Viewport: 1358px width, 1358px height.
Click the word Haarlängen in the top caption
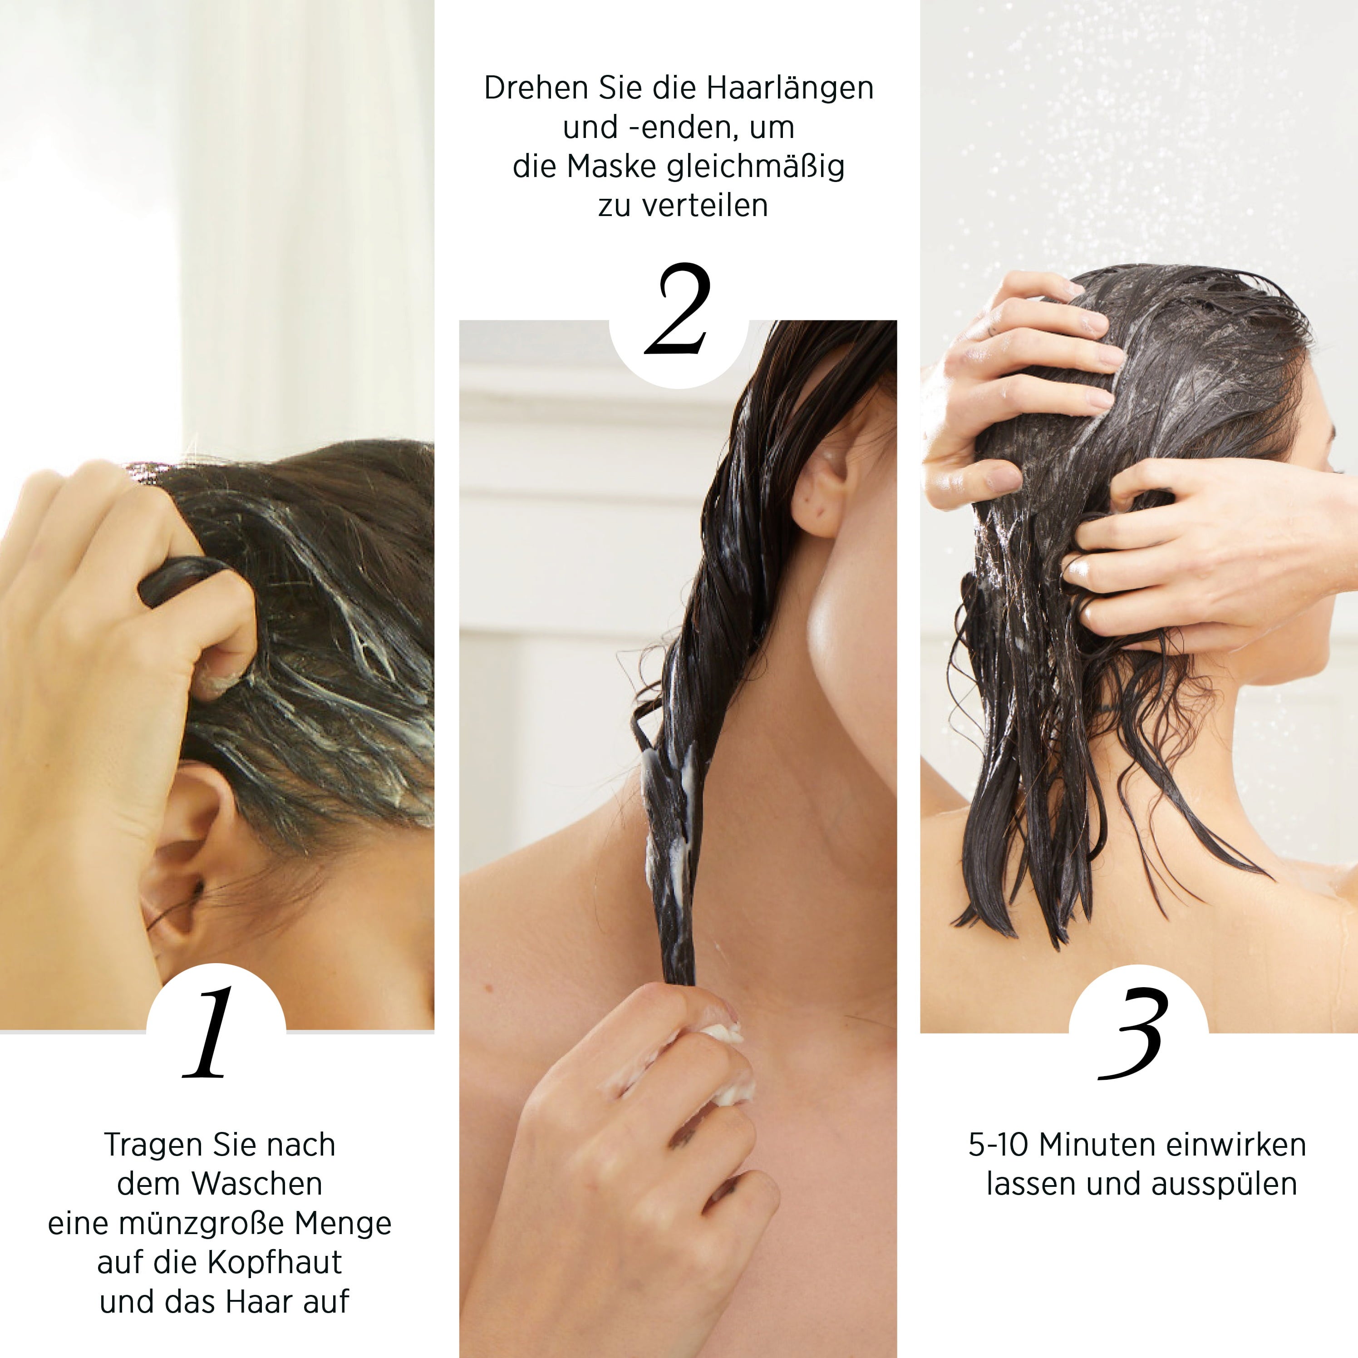[790, 89]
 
